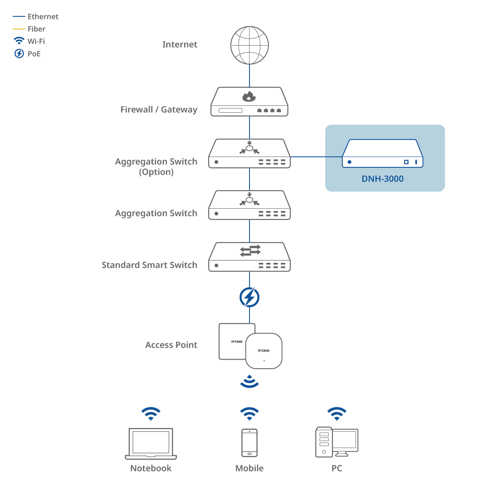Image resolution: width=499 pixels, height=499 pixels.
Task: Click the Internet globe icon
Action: [249, 45]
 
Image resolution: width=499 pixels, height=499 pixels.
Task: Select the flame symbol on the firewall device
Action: [249, 96]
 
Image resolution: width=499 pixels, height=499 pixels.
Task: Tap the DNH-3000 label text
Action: [382, 179]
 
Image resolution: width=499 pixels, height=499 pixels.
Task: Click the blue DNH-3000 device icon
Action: [382, 154]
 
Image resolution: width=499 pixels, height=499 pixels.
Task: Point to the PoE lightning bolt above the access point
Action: [249, 297]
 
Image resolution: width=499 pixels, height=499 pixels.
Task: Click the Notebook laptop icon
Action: [151, 444]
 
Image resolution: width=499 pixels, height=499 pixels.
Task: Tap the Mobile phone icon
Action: [249, 443]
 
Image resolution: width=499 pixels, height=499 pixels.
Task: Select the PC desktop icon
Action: [337, 442]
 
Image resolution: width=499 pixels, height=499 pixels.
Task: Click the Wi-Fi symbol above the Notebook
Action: [151, 413]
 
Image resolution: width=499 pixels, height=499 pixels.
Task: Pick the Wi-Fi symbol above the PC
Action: [337, 413]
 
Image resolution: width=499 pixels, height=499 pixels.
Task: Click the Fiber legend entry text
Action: [37, 29]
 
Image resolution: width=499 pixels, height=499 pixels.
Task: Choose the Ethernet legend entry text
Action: [43, 17]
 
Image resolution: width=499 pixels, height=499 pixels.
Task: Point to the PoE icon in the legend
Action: [19, 54]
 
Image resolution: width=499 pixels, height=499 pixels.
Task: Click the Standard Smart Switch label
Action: [149, 265]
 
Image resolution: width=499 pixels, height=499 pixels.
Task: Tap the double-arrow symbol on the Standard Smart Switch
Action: [250, 250]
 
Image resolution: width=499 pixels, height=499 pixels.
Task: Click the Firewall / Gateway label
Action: [159, 110]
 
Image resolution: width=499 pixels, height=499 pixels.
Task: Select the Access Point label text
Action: [171, 345]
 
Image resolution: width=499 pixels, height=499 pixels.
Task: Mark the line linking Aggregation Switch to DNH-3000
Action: [316, 157]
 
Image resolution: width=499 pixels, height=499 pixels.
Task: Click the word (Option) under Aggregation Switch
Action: [156, 172]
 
